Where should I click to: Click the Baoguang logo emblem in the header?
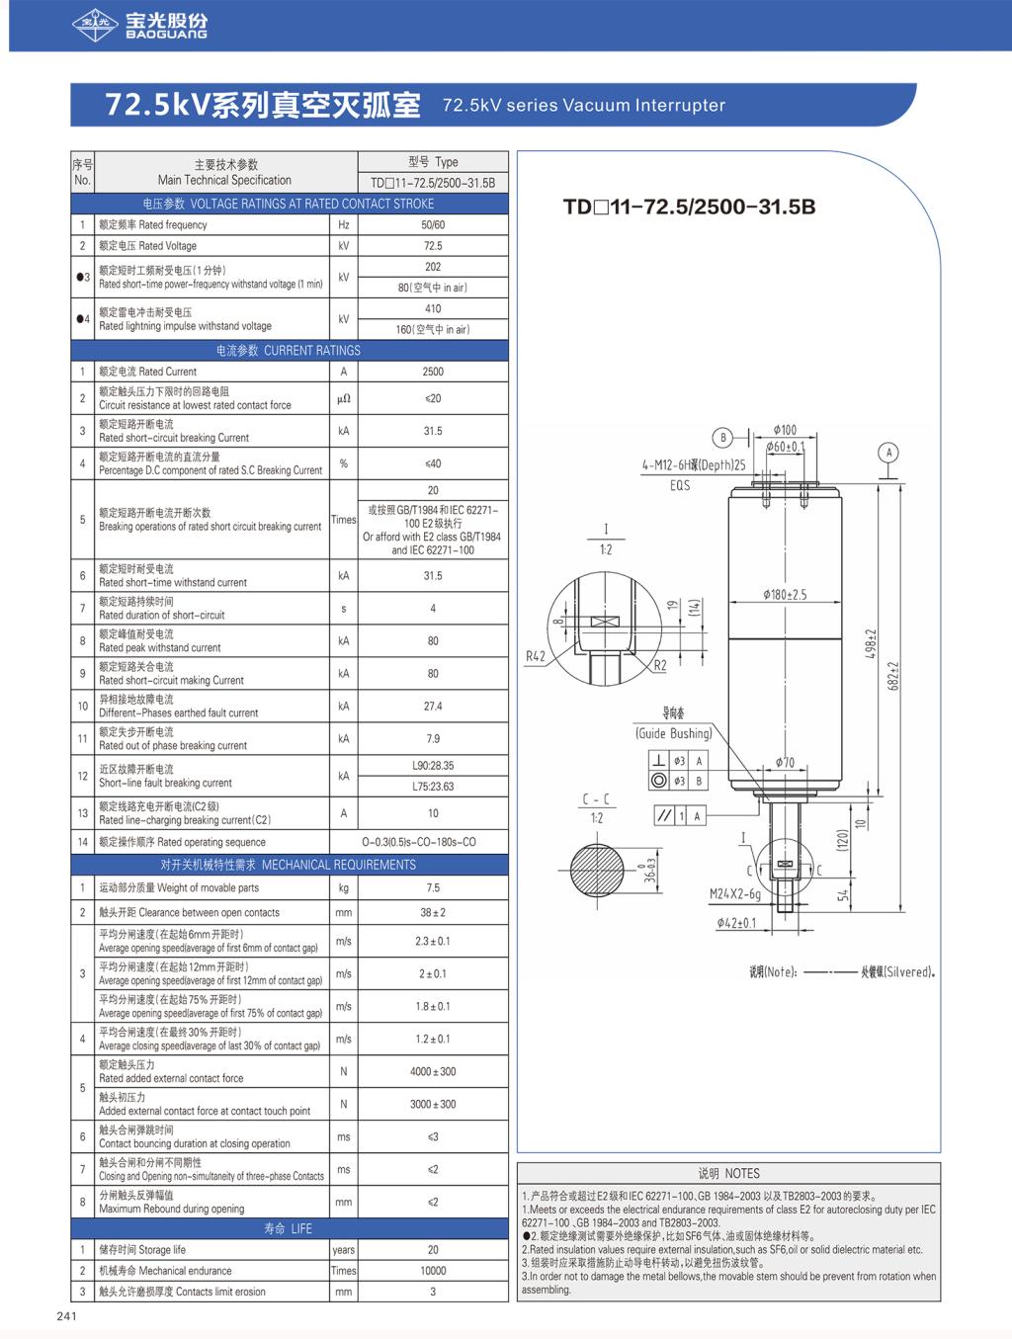[x=96, y=26]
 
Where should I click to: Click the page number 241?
[x=67, y=1315]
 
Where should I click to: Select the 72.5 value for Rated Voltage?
[x=433, y=246]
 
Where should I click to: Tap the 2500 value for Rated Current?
[x=433, y=372]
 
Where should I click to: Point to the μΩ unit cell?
[x=343, y=398]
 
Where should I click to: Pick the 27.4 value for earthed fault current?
[x=433, y=707]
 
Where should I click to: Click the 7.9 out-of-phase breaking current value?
[x=433, y=739]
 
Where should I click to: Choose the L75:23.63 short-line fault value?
[x=433, y=787]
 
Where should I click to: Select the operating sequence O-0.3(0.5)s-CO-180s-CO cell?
[x=433, y=842]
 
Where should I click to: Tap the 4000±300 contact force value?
[x=433, y=1071]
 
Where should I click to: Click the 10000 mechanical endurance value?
[x=433, y=1271]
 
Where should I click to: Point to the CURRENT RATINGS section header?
[x=289, y=350]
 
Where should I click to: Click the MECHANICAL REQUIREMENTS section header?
[x=289, y=865]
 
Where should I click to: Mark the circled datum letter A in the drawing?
[x=889, y=453]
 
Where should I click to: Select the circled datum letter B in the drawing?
[x=723, y=438]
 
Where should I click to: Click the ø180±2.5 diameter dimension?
[x=784, y=595]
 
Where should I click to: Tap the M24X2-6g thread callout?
[x=735, y=894]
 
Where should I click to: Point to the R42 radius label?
[x=536, y=656]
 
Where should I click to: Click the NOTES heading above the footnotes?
[x=728, y=1173]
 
